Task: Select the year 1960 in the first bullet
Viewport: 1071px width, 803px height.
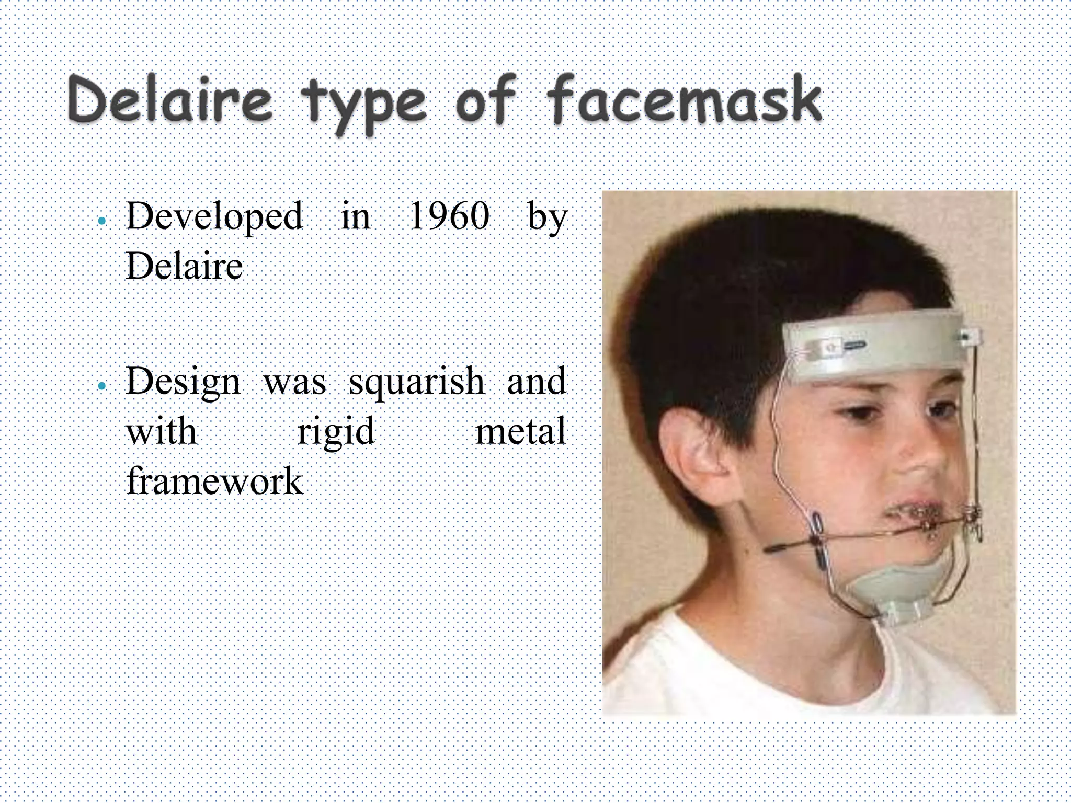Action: pyautogui.click(x=449, y=216)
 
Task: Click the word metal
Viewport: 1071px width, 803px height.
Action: pyautogui.click(x=520, y=432)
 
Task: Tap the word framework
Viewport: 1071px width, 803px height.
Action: pyautogui.click(x=214, y=481)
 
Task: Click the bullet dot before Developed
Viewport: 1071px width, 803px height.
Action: pyautogui.click(x=102, y=221)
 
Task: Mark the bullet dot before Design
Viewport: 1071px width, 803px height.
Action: pyautogui.click(x=102, y=386)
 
